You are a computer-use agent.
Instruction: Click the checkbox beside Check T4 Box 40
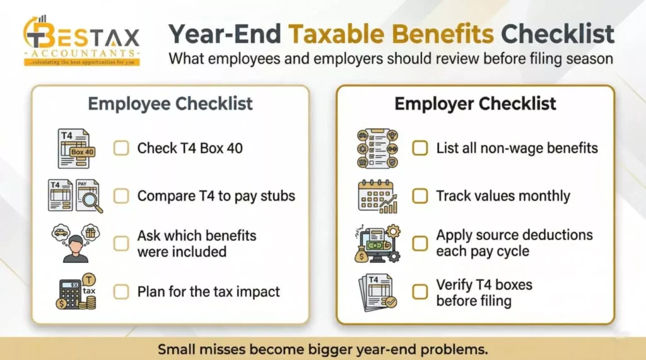click(x=121, y=149)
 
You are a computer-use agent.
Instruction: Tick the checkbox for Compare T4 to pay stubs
click(x=121, y=196)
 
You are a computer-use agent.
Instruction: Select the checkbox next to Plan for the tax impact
click(x=121, y=292)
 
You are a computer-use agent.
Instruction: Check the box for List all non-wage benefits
click(x=420, y=149)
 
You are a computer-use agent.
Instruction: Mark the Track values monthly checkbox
click(x=420, y=196)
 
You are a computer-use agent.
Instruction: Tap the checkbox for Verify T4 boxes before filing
click(x=420, y=292)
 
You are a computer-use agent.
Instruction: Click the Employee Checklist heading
click(x=170, y=103)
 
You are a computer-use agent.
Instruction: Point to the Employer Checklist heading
click(x=475, y=103)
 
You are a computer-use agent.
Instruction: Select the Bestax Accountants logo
click(x=81, y=40)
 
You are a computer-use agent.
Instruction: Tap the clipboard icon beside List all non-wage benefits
click(x=377, y=149)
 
